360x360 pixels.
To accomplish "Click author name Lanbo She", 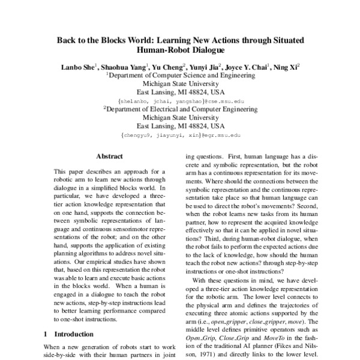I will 77,68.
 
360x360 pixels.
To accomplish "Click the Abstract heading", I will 110,158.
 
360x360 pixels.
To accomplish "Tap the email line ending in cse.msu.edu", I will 179,102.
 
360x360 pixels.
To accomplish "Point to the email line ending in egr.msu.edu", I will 179,137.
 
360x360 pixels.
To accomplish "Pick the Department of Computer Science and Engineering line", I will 180,76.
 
